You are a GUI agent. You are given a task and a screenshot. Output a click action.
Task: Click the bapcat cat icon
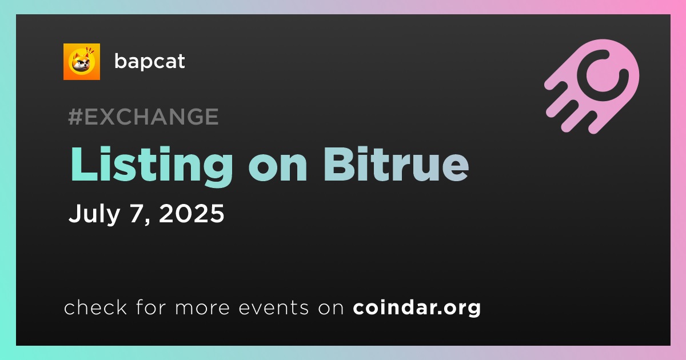tap(81, 62)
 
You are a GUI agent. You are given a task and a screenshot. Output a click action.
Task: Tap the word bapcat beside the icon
tap(149, 62)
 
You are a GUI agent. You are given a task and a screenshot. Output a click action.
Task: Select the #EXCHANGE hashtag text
tap(143, 117)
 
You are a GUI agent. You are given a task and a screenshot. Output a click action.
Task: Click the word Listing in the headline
tap(151, 165)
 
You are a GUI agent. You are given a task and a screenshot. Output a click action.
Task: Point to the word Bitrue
tap(396, 164)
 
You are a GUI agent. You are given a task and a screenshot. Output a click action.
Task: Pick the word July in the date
tap(94, 214)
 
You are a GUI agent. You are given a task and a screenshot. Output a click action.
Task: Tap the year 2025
tap(192, 213)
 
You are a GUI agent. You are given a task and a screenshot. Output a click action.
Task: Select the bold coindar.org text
tap(417, 307)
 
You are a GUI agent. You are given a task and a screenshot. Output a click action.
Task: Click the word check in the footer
tap(95, 307)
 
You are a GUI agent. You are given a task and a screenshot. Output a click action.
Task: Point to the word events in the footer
tap(273, 307)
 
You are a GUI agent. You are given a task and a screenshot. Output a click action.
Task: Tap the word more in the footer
tap(202, 308)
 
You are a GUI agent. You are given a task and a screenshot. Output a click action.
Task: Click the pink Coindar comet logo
tap(592, 86)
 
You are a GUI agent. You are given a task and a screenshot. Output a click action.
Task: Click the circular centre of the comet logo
tap(603, 75)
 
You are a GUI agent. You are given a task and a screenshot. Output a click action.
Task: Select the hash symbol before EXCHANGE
tap(75, 117)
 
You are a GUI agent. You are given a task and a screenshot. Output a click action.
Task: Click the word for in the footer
tap(151, 307)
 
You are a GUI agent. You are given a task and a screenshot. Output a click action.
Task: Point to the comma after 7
tap(147, 221)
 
